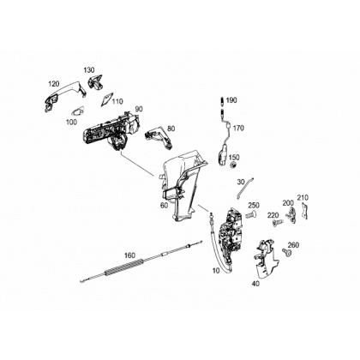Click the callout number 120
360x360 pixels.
[x=54, y=84]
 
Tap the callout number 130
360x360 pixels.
[x=89, y=70]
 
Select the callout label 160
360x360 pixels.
[x=130, y=255]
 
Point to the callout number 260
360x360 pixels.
[x=293, y=245]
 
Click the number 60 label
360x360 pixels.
[x=164, y=206]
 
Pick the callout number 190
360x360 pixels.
[x=231, y=100]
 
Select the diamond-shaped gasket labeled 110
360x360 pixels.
[x=107, y=98]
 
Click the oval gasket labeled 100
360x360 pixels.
[x=78, y=111]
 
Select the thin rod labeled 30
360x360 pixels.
[x=245, y=188]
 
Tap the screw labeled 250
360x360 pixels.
[x=249, y=213]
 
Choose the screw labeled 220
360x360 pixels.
[x=277, y=222]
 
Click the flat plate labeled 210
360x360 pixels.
[x=305, y=211]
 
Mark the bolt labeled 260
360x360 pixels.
[x=286, y=252]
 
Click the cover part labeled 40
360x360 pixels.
[x=265, y=258]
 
